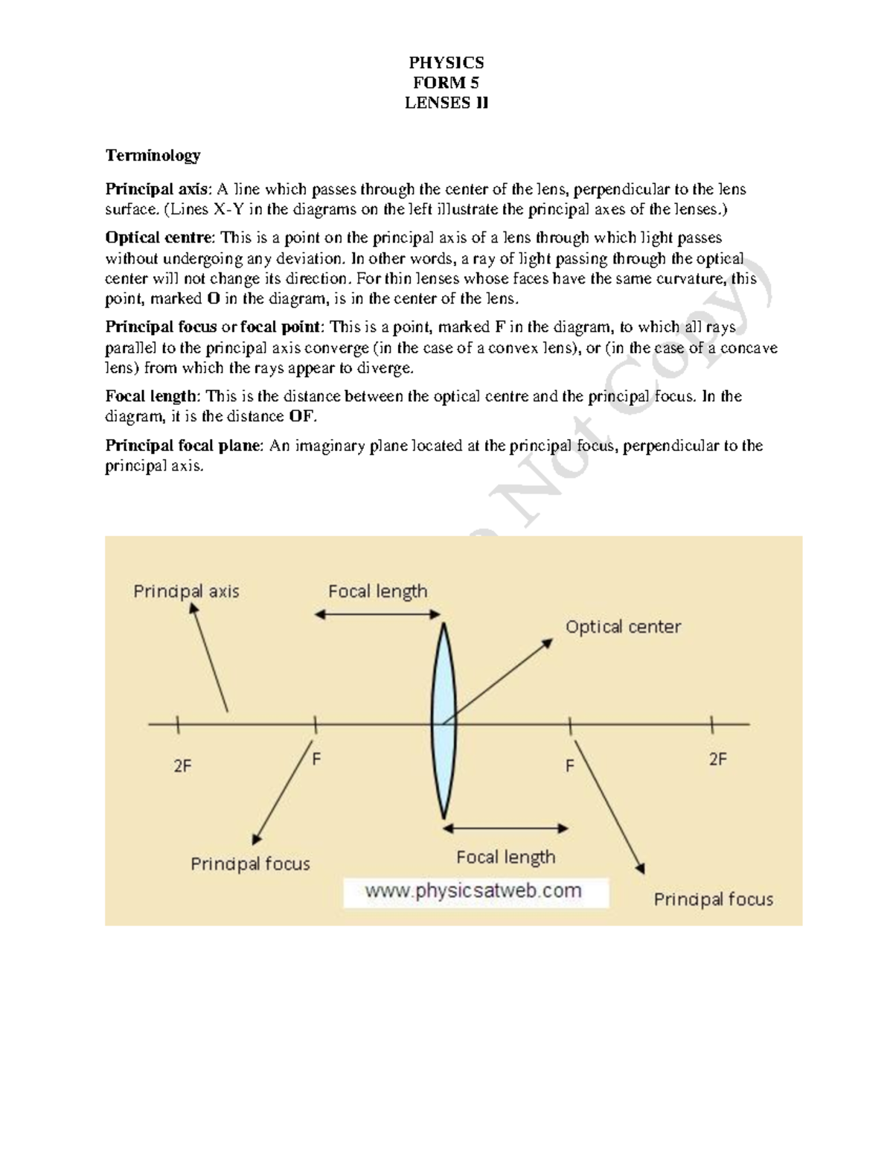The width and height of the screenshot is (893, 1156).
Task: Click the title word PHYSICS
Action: coord(446,63)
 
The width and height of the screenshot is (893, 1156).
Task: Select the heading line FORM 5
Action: coord(446,83)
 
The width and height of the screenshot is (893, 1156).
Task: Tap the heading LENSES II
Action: coord(446,103)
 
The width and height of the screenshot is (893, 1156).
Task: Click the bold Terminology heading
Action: coord(153,156)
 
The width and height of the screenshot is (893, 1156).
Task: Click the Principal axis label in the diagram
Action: coord(186,592)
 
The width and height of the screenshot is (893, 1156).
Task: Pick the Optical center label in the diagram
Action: coord(623,627)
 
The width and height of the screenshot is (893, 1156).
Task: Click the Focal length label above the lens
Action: coord(377,592)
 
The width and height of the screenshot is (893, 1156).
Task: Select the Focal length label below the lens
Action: coord(505,857)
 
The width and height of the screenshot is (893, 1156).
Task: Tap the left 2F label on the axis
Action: coord(183,765)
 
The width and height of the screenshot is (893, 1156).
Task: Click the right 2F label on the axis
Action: coord(717,759)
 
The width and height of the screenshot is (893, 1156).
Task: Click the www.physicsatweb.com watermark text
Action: coord(474,891)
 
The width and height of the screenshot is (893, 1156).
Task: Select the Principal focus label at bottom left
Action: coord(250,863)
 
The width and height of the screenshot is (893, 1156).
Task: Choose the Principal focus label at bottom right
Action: coord(713,899)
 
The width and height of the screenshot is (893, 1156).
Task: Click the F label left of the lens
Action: coord(316,760)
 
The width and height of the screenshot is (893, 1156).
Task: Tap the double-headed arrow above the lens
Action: coord(377,614)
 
